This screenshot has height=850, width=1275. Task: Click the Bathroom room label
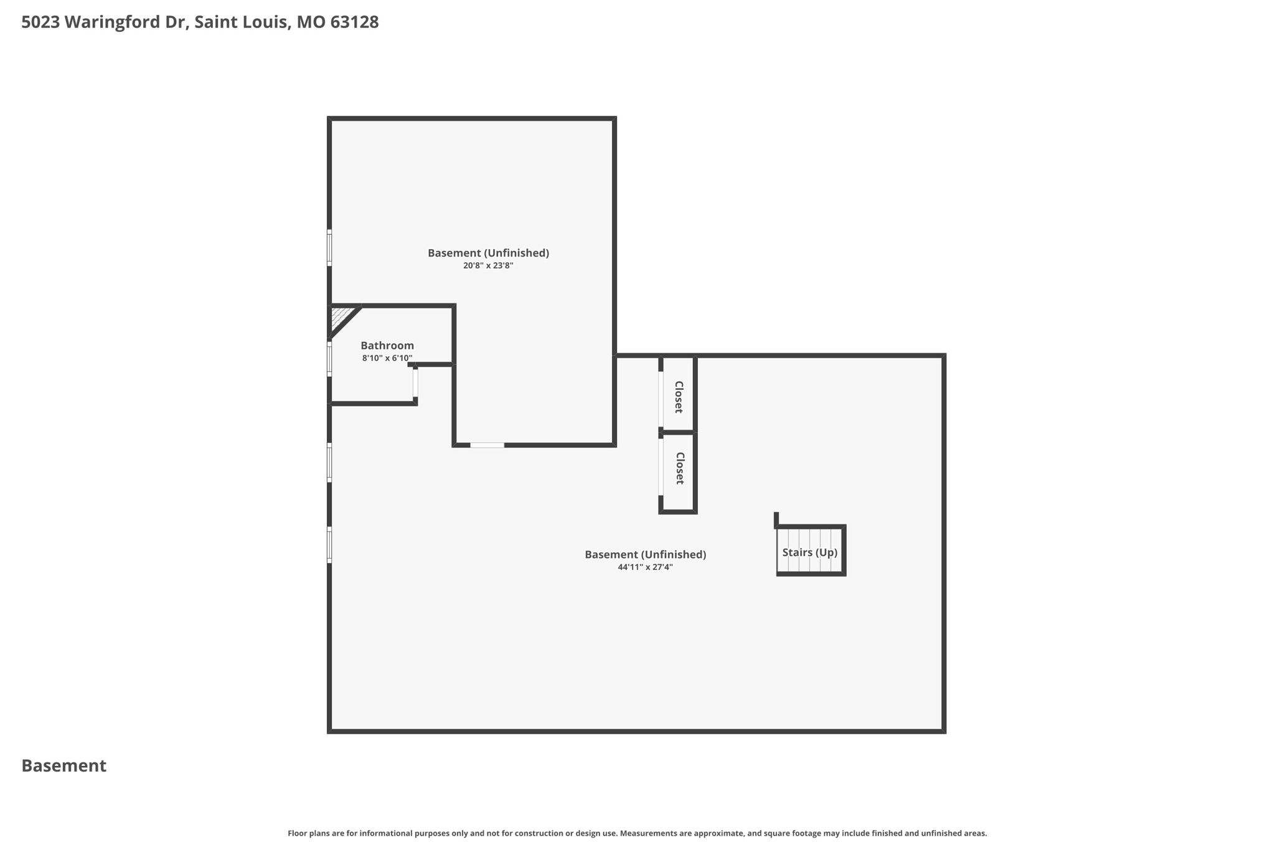pos(387,346)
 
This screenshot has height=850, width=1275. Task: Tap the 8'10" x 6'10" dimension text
pos(387,358)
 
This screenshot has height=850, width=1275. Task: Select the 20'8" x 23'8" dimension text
pos(487,265)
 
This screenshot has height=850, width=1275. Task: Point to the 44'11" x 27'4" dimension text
pos(645,567)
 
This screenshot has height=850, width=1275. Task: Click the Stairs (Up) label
pos(809,552)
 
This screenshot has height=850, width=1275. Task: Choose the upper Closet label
pos(679,397)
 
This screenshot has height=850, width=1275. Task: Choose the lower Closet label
pos(679,468)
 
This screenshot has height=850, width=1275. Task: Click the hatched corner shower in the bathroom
pos(339,316)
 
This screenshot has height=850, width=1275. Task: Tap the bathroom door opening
pos(415,383)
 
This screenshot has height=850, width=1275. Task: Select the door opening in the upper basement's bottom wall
pos(487,445)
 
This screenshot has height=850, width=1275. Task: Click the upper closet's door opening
pos(661,399)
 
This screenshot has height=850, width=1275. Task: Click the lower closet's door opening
pos(661,467)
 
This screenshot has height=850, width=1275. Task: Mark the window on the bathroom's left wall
pos(329,359)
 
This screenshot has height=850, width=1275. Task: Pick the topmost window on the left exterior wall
pos(329,248)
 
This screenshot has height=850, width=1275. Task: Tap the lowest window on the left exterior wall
pos(329,545)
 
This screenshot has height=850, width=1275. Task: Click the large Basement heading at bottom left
pos(64,766)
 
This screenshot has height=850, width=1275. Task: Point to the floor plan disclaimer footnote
pos(637,833)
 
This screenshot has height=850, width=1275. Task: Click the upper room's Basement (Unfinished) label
pos(487,253)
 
